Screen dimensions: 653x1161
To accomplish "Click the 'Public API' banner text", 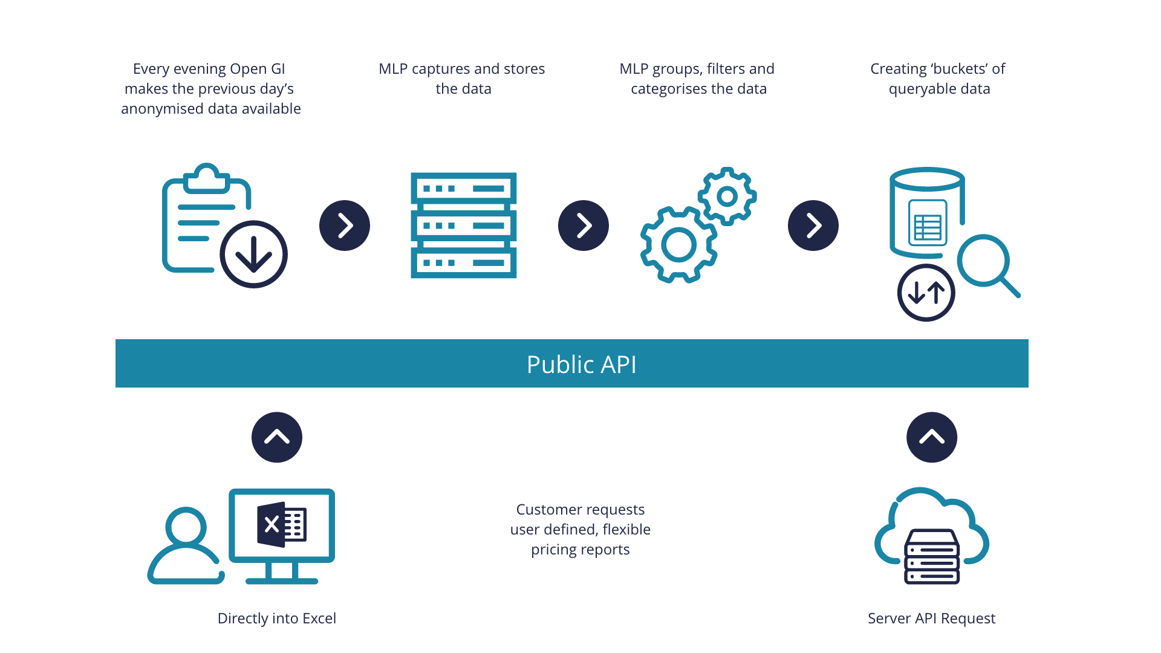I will [x=581, y=365].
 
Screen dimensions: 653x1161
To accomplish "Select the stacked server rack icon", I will [x=463, y=226].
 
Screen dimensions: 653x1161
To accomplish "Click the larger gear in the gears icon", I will [x=678, y=245].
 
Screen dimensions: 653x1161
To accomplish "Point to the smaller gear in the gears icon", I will [x=727, y=197].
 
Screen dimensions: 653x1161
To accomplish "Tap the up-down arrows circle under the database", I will [x=926, y=293].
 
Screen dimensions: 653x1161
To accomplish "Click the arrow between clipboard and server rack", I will [x=345, y=226].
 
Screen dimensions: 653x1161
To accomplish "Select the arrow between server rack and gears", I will [x=584, y=226].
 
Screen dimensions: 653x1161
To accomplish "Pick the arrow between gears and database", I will [x=813, y=226].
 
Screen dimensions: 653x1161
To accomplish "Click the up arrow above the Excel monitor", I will [x=277, y=437].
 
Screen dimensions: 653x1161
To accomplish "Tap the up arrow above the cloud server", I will [x=932, y=437].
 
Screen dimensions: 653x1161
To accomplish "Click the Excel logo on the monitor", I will [x=282, y=524].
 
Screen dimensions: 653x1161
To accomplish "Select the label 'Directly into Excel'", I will [x=276, y=619].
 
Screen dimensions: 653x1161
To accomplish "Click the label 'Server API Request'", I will [x=931, y=619].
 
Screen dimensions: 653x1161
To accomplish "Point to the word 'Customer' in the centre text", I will [x=546, y=510].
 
